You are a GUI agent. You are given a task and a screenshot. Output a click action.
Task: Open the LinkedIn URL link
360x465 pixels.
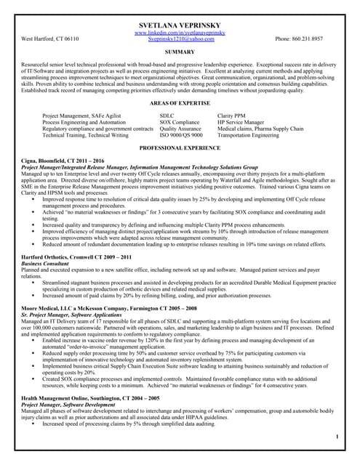(180, 33)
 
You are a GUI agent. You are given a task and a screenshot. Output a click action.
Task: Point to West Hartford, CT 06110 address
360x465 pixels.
(51, 39)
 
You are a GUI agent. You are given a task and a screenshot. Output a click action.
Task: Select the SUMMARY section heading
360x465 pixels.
(180, 52)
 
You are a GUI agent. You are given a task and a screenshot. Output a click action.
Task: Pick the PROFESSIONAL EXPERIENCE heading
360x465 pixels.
(180, 147)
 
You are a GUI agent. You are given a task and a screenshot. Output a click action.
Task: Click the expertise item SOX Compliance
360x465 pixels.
(179, 123)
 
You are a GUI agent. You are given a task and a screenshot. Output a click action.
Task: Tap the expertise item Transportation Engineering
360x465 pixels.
(248, 135)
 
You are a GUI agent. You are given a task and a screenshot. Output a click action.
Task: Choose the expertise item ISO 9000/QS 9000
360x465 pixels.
(181, 135)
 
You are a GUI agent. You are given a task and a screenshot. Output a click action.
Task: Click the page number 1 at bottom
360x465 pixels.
(337, 437)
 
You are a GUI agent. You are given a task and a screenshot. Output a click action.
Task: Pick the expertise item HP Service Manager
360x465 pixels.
(241, 123)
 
